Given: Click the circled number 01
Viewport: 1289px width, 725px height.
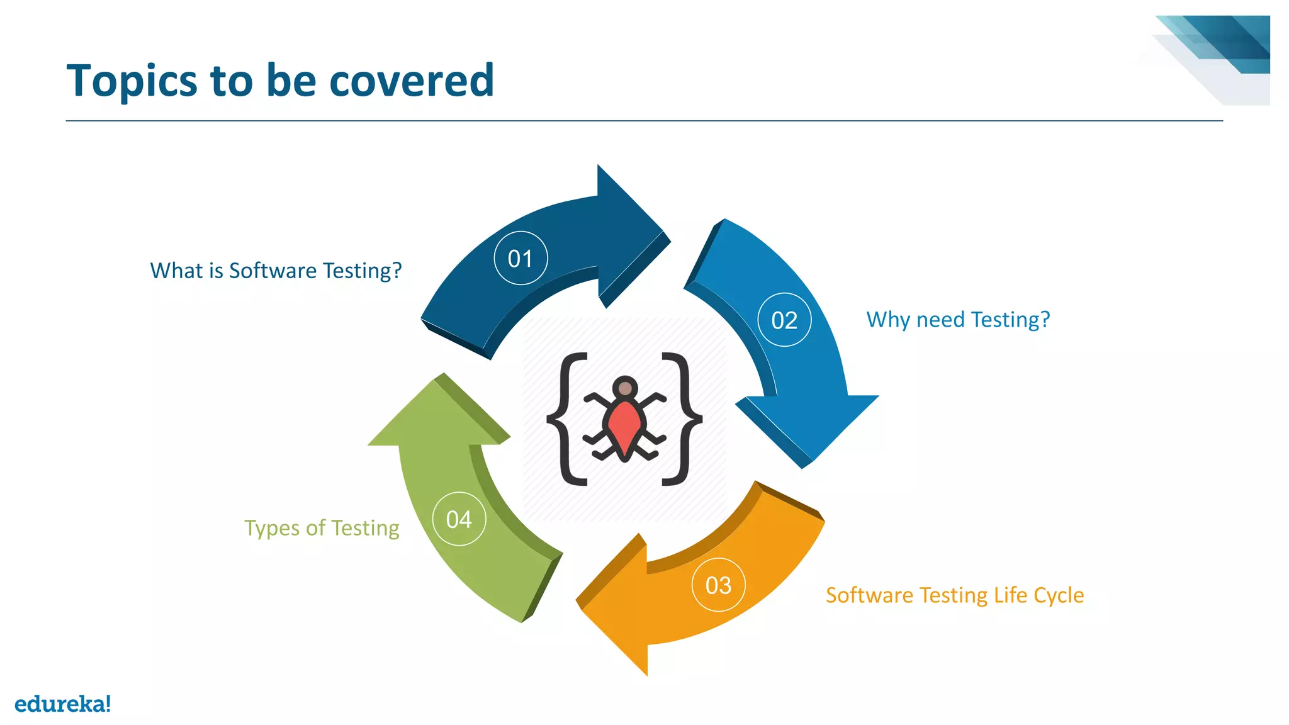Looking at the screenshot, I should [521, 258].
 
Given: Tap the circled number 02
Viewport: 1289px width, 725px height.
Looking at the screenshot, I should [784, 320].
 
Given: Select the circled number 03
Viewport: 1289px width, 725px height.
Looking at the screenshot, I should [718, 585].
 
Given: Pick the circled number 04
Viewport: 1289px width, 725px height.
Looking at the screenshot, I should [459, 519].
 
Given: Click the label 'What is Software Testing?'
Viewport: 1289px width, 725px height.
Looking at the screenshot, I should [276, 271].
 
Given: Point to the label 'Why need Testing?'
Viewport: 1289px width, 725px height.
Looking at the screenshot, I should [958, 320].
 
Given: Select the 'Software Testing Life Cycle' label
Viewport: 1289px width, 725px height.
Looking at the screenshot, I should [955, 595].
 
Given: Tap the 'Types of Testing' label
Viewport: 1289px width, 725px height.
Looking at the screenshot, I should [322, 527].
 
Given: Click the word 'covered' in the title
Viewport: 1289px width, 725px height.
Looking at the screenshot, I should [412, 81].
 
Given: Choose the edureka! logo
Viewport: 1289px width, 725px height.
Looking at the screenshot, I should [62, 703].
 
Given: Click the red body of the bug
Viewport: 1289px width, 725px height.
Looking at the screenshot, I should [624, 425].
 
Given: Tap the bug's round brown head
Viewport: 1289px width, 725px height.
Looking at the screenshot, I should [625, 388].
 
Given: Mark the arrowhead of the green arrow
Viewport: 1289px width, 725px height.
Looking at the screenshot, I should [440, 415].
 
